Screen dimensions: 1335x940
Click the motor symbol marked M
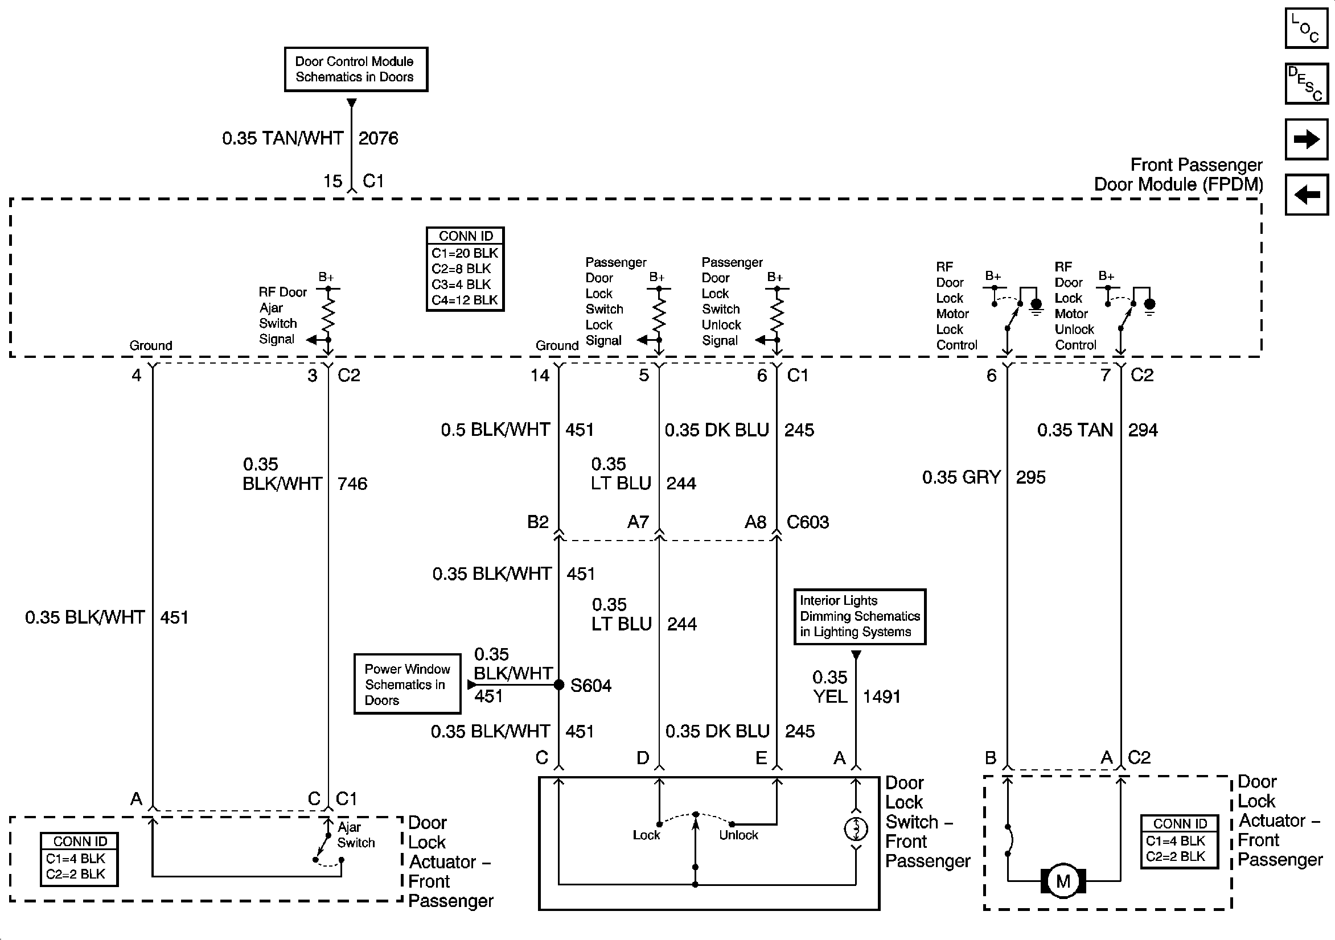point(1063,881)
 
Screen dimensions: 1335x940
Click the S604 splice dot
point(559,685)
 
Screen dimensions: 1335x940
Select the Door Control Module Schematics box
point(356,69)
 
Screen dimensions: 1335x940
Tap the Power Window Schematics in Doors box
point(407,684)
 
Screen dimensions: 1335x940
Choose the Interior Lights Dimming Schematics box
point(860,616)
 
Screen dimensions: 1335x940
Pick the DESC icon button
point(1306,83)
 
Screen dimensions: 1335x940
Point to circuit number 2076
point(379,138)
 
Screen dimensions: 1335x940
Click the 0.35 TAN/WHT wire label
point(282,138)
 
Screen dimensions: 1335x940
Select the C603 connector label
point(808,522)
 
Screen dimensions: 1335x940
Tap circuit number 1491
point(881,696)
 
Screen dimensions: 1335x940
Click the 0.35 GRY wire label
point(961,477)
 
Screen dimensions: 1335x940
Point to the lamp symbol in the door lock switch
point(856,829)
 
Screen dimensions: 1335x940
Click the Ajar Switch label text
point(356,835)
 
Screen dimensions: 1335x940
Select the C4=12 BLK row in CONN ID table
point(465,300)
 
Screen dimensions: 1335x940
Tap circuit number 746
point(352,484)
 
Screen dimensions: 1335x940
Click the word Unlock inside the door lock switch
point(738,835)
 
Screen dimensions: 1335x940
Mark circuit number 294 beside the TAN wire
point(1143,430)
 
